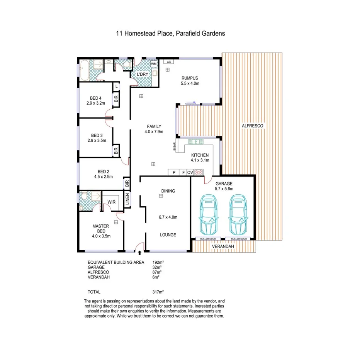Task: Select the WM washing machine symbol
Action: point(154,64)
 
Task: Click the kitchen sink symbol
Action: point(196,142)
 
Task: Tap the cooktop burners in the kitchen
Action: point(199,172)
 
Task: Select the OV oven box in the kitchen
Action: point(190,172)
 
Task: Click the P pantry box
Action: point(174,172)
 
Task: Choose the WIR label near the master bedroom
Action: point(112,202)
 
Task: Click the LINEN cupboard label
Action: point(127,200)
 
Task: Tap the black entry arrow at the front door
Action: point(139,252)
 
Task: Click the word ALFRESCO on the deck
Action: point(252,126)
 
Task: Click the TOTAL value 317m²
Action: point(158,292)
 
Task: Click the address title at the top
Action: point(170,34)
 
